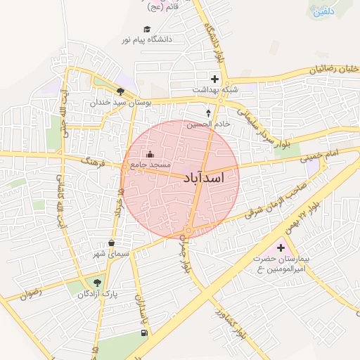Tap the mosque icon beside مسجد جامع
(149, 155)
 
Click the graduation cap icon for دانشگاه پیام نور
(147, 30)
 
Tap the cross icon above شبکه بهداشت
(214, 79)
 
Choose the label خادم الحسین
(207, 124)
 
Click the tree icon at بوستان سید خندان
(121, 91)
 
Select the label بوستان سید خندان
(121, 103)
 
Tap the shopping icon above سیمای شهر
(111, 243)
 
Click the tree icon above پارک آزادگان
(97, 283)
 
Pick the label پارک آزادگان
(97, 295)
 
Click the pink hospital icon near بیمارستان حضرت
(282, 247)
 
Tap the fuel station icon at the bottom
(144, 332)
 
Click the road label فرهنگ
(92, 161)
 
